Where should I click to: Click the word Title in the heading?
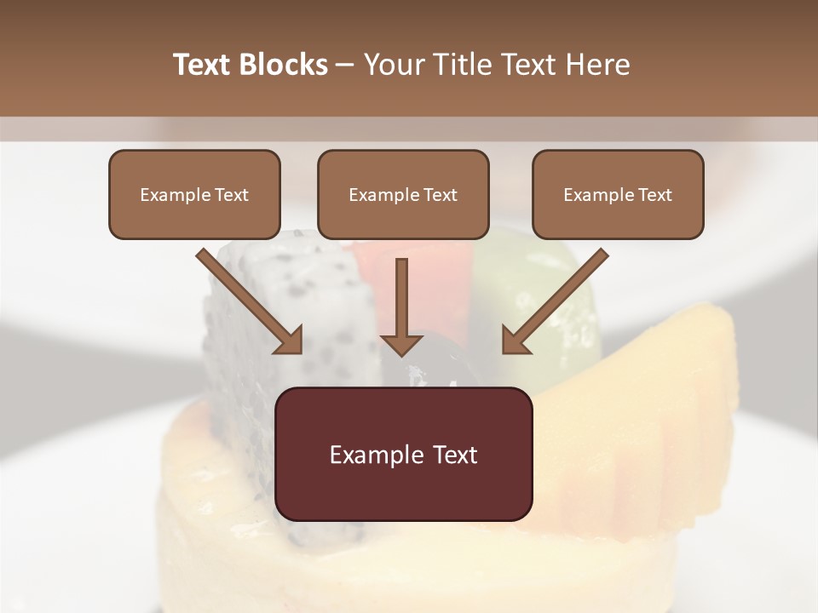(x=456, y=65)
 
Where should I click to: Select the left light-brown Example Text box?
(x=194, y=194)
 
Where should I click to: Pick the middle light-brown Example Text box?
(x=403, y=194)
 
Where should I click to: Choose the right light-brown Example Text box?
(x=618, y=194)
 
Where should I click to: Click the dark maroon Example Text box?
(x=403, y=454)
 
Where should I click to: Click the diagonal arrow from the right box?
(x=554, y=302)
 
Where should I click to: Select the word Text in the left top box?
(x=232, y=195)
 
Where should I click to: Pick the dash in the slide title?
(x=345, y=66)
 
